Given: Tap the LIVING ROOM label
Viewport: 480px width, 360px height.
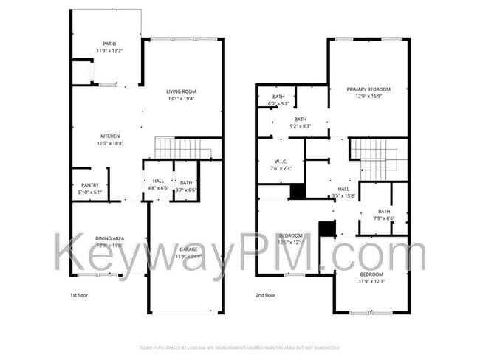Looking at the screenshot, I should point(182,95).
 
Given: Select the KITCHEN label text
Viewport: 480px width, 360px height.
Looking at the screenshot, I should point(110,139).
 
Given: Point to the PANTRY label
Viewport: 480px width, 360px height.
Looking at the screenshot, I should point(91,190).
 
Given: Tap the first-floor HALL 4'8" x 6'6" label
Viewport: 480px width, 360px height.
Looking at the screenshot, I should point(159,185).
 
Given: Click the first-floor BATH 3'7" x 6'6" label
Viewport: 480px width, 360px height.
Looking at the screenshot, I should point(185,185).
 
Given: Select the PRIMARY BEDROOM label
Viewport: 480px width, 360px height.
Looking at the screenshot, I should point(368,92).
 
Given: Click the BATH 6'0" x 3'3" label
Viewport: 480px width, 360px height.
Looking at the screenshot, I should point(278,100).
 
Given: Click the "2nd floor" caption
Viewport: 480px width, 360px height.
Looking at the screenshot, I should point(266,294).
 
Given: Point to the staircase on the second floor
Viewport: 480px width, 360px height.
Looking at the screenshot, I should point(377,159).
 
